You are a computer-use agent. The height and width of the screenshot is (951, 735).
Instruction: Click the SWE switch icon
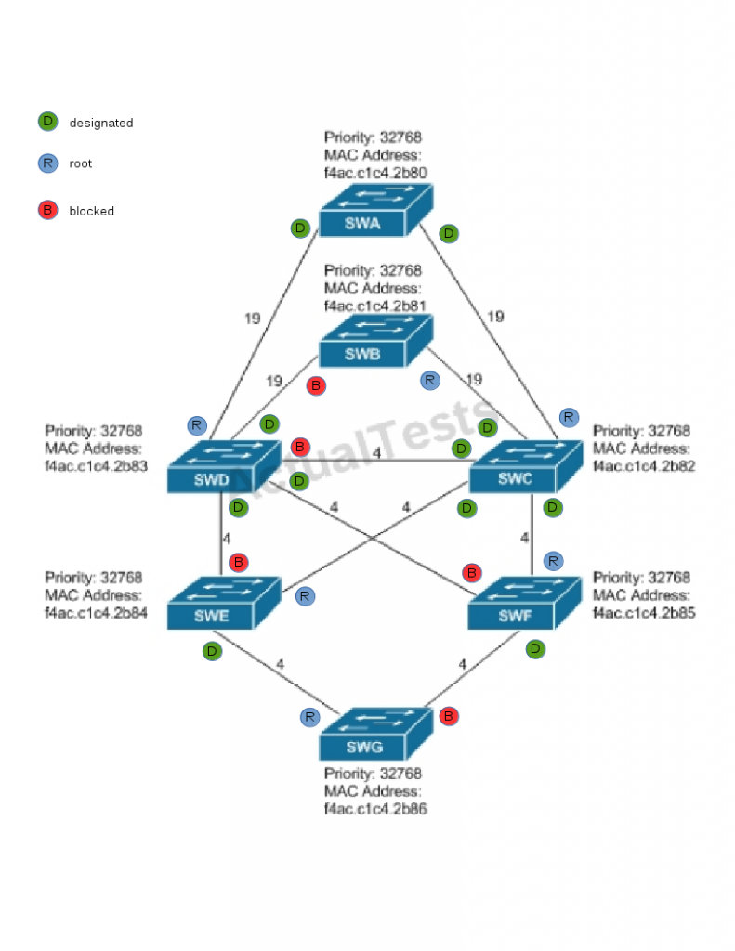click(223, 603)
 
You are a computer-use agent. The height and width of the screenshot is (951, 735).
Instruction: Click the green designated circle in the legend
click(47, 122)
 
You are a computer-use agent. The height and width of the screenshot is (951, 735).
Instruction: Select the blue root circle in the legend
click(47, 163)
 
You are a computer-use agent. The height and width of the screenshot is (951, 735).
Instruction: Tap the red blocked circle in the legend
click(47, 211)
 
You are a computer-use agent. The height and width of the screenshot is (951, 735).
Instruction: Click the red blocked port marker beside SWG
click(449, 716)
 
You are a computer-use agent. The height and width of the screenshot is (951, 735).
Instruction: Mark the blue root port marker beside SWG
click(310, 717)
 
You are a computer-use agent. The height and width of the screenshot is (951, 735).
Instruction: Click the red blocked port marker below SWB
click(316, 385)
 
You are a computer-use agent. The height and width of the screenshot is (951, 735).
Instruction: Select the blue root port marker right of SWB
click(429, 380)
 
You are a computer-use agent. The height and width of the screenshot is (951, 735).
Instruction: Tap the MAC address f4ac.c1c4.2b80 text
click(375, 173)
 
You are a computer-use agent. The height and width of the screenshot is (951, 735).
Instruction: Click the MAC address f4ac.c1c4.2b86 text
click(375, 809)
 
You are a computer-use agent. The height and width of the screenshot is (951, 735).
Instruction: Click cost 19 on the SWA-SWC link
click(495, 317)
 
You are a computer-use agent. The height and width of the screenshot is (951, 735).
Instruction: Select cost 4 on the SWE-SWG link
click(279, 664)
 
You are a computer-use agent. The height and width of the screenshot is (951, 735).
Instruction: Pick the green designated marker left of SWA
click(299, 228)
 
